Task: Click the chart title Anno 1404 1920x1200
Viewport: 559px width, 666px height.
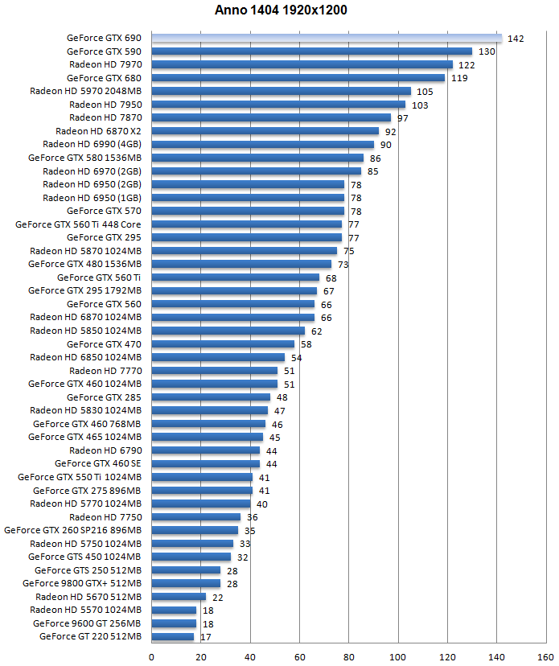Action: click(281, 10)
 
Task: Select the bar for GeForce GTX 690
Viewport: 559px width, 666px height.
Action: click(327, 38)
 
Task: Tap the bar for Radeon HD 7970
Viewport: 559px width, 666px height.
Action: click(302, 64)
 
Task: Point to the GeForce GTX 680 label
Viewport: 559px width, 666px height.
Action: click(104, 78)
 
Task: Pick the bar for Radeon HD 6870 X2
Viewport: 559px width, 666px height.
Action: click(265, 131)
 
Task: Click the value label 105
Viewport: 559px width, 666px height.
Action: click(425, 92)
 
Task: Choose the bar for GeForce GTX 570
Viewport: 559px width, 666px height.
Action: click(248, 211)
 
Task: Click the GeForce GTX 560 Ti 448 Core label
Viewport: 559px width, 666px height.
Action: click(79, 224)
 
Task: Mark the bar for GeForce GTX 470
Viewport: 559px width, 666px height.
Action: click(223, 344)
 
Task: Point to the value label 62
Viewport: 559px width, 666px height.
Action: click(315, 331)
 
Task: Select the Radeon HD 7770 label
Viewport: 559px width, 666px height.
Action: click(105, 371)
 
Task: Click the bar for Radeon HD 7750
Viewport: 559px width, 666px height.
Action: click(195, 517)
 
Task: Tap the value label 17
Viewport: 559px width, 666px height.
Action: click(206, 637)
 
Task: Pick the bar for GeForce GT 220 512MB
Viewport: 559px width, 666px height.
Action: click(172, 637)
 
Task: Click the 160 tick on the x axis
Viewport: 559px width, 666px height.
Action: click(545, 655)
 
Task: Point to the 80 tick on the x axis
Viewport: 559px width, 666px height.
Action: click(348, 655)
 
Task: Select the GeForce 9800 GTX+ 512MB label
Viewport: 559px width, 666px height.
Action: click(82, 583)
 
